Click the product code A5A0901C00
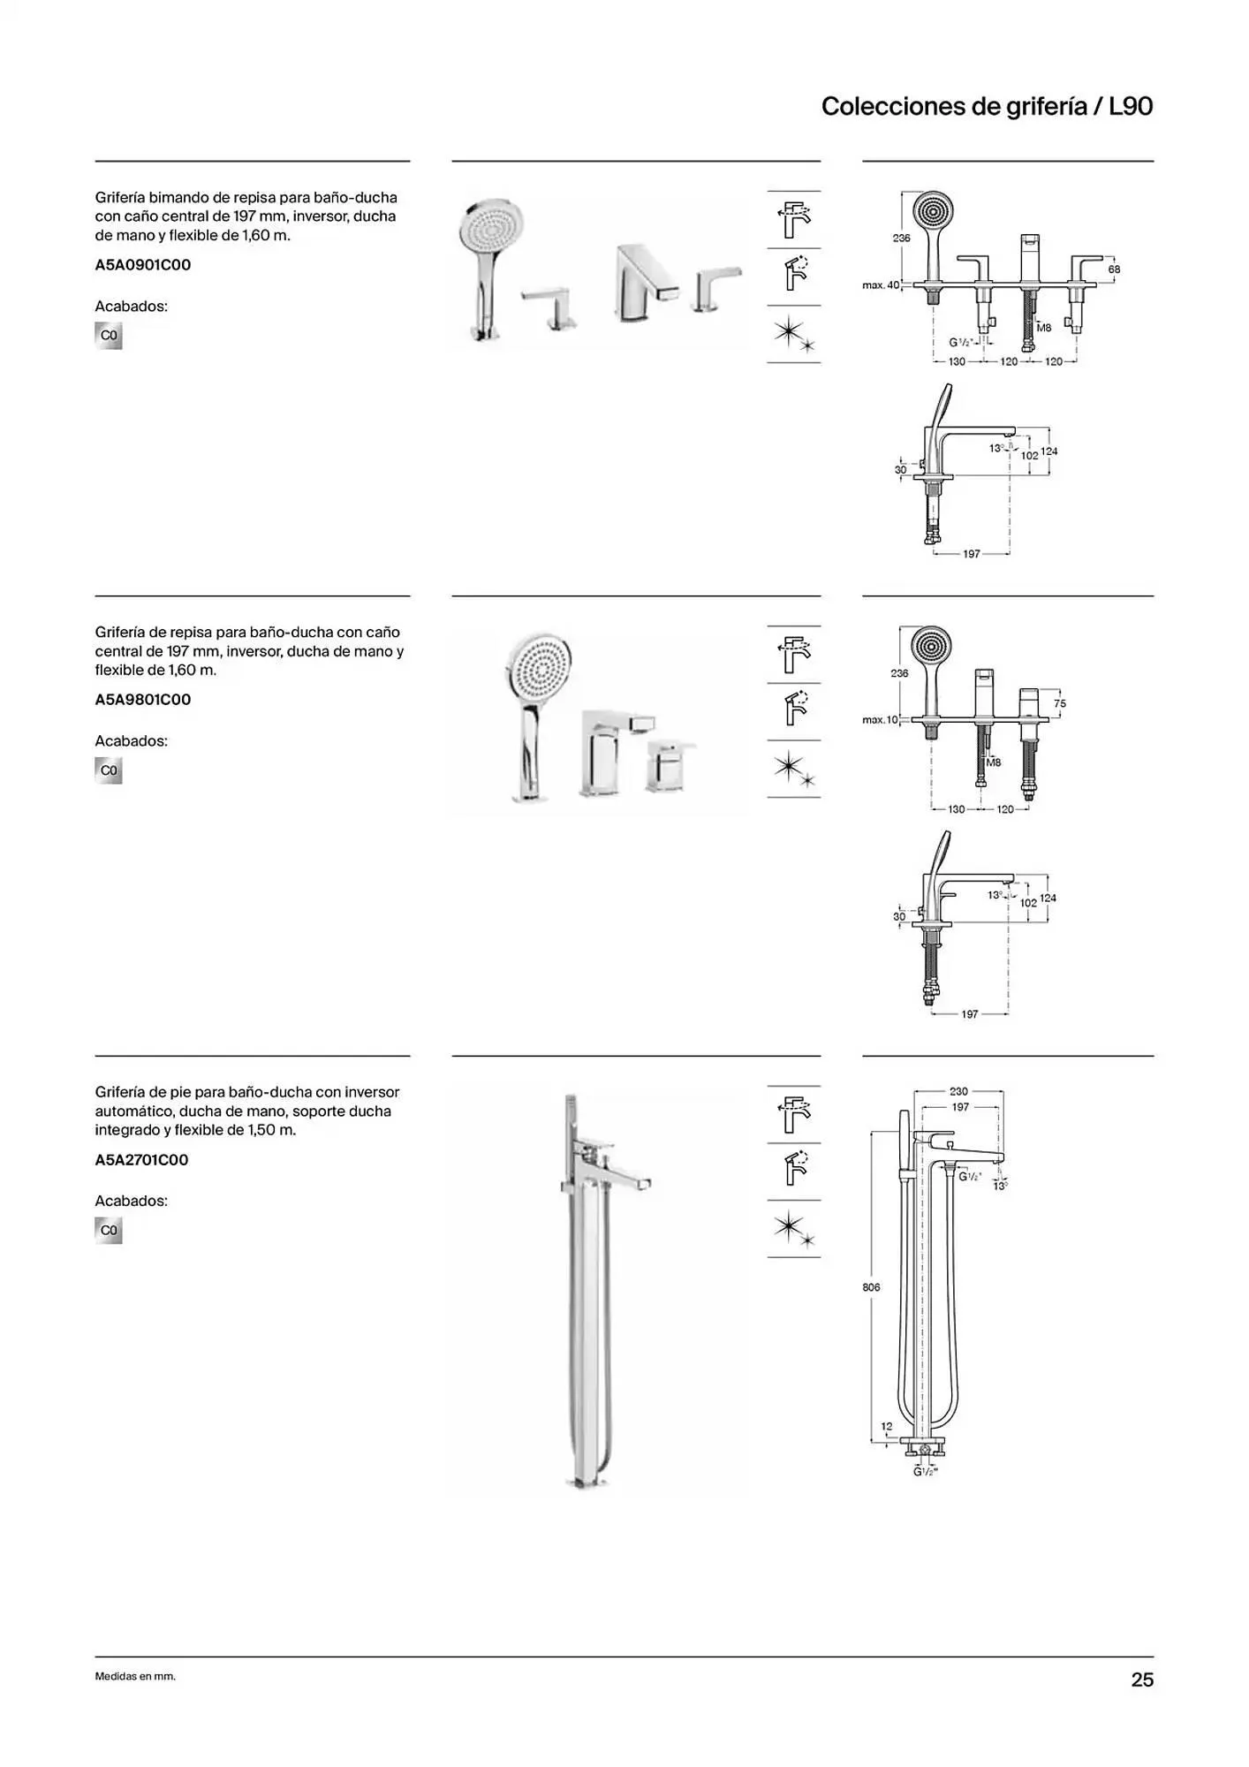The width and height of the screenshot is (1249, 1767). [x=143, y=265]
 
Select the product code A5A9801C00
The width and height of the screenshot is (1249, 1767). [x=143, y=700]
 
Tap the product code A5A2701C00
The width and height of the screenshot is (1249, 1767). [x=142, y=1160]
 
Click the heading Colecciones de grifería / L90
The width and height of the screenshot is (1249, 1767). [x=987, y=107]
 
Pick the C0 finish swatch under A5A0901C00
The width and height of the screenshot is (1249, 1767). [x=109, y=336]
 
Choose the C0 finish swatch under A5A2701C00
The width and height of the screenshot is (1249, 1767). [x=109, y=1231]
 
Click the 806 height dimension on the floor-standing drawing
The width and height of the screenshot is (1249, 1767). [x=871, y=1287]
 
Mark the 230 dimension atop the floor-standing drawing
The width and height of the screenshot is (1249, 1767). [x=958, y=1091]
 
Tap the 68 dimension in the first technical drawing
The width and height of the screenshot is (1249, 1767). [x=1114, y=269]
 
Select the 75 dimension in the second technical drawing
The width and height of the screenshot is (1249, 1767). [x=1060, y=704]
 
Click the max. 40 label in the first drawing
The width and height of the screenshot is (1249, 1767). [x=881, y=285]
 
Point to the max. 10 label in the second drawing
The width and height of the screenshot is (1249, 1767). [x=880, y=720]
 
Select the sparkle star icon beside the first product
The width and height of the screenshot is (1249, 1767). [x=793, y=335]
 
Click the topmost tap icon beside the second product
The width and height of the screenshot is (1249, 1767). [x=794, y=655]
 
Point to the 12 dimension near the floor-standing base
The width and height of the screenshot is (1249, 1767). [x=887, y=1426]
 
